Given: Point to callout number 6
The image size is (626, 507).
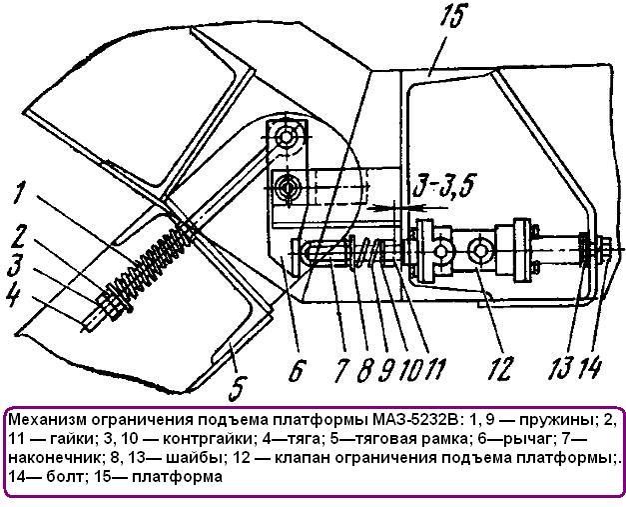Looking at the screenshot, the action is tap(298, 370).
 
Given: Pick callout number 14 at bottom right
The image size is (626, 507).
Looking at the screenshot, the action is tap(592, 367).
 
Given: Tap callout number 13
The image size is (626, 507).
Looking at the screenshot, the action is tap(562, 367).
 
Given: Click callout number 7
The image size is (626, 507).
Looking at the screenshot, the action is tap(340, 370).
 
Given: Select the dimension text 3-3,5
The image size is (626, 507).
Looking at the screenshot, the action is tap(442, 186).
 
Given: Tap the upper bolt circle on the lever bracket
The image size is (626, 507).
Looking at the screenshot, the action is tap(286, 137).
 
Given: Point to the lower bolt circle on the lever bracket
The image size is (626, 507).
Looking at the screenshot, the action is tap(286, 186).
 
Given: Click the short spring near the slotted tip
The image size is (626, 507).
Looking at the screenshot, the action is tap(364, 254).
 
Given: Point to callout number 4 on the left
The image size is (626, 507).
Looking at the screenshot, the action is tap(13, 295).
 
